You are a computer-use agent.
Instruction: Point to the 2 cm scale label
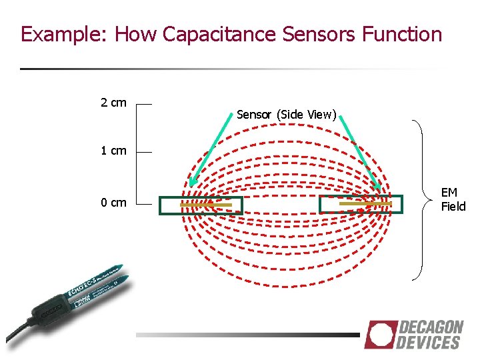coord(113,103)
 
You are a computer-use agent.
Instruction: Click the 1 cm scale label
coord(113,151)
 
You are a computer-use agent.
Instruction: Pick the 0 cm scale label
coord(113,203)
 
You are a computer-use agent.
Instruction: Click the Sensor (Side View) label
coord(287,115)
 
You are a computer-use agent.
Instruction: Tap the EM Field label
coord(453,199)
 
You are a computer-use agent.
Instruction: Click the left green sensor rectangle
coord(201,205)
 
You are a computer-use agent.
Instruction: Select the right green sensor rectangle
coord(361,204)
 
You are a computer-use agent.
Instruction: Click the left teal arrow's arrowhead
coord(192,183)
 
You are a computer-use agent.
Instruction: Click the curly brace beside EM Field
coord(420,200)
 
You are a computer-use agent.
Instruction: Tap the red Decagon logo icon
coord(379,335)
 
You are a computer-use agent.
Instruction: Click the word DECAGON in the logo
coord(431,327)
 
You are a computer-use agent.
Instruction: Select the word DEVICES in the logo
coord(429,343)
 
